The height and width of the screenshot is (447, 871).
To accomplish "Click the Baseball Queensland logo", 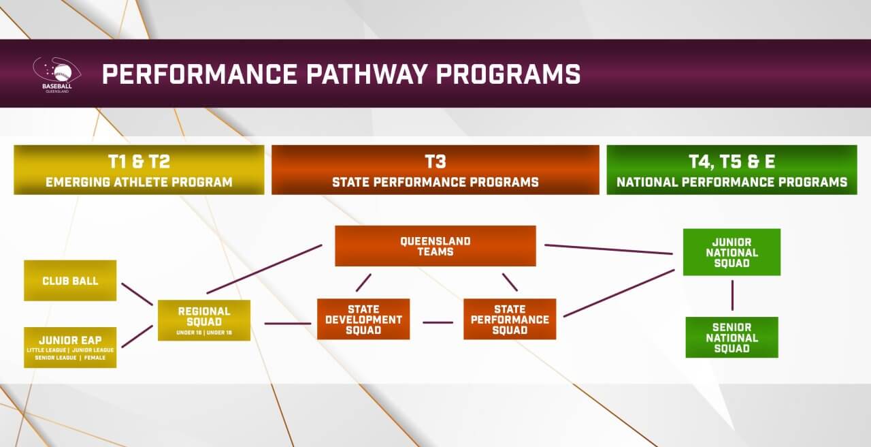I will (x=56, y=74).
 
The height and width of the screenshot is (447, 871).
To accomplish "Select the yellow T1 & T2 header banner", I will (x=139, y=170).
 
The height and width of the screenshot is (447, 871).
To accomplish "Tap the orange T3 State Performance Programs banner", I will (x=435, y=170).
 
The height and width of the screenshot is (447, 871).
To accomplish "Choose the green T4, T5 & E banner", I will (x=732, y=170).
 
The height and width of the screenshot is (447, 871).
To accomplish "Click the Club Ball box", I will (x=70, y=280).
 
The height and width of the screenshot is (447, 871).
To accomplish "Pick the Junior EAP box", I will (x=70, y=347).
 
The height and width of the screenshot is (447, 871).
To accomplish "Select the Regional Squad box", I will (x=204, y=320).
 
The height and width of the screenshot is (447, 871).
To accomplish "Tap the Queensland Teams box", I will (x=435, y=246).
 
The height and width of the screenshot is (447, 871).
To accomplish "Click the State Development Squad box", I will (x=363, y=319).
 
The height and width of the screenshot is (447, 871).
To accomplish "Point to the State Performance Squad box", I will (x=510, y=319).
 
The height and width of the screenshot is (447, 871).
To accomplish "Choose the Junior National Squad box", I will (x=732, y=252).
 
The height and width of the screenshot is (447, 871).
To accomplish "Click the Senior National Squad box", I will (x=732, y=337).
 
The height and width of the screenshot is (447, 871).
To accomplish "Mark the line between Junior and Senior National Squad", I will (x=732, y=296).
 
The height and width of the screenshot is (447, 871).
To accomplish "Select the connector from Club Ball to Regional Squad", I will (x=136, y=294).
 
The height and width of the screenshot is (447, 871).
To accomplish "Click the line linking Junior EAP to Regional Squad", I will (x=136, y=337).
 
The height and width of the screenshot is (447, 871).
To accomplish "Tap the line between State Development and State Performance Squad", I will (x=438, y=322).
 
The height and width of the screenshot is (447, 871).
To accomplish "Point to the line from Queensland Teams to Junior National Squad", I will (x=609, y=249).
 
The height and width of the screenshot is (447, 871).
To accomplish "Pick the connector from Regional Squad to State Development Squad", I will (x=287, y=323).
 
